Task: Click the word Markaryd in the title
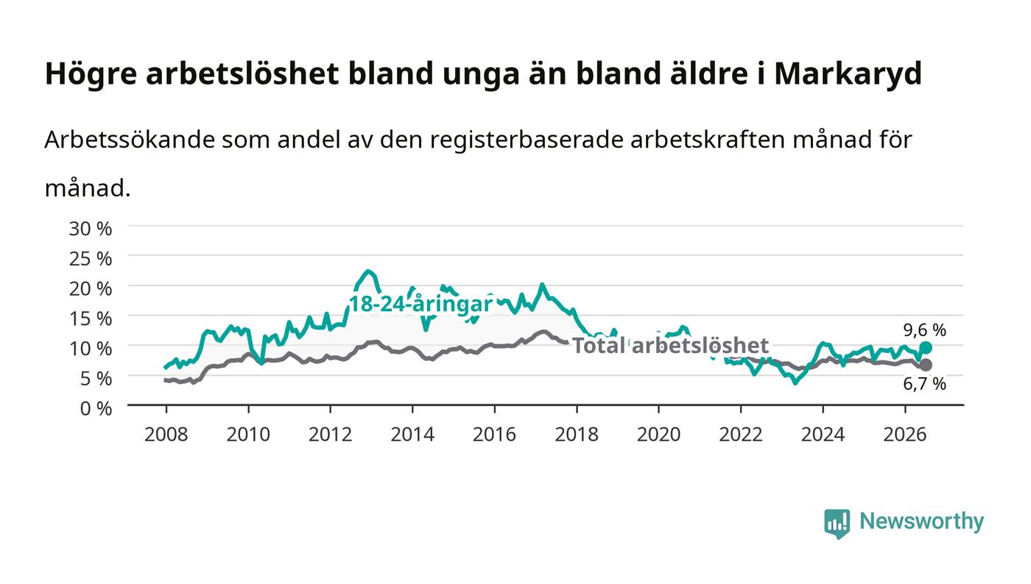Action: (x=848, y=74)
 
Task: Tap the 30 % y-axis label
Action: (x=90, y=229)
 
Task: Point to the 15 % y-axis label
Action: (x=90, y=318)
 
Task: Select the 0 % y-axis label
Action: (x=96, y=408)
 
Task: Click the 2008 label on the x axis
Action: (x=166, y=435)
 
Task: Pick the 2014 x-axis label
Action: (x=412, y=435)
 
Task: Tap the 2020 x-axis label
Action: (x=658, y=435)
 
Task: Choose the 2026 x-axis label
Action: (x=905, y=435)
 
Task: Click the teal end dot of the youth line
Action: (x=926, y=348)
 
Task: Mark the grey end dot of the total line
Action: (x=926, y=365)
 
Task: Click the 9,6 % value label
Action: (x=925, y=330)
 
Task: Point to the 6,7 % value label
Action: (x=925, y=384)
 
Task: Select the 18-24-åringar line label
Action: (x=421, y=305)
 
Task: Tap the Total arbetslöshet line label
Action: (x=671, y=346)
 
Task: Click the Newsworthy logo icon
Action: (x=837, y=523)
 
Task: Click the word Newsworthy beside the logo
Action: (x=921, y=521)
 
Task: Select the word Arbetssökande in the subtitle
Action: (x=130, y=140)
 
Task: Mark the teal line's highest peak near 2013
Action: (x=367, y=271)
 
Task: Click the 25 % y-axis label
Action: (x=90, y=259)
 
